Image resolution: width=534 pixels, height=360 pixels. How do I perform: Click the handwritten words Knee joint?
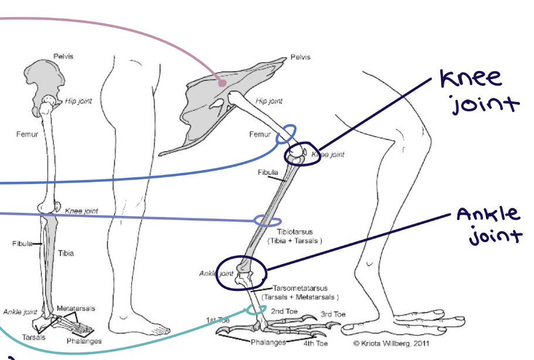pos(479,91)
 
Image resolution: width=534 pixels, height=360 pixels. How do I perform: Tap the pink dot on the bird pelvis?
pos(222,83)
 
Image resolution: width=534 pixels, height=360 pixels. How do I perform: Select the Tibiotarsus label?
pos(295,232)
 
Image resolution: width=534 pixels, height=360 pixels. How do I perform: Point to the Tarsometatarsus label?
pos(300,288)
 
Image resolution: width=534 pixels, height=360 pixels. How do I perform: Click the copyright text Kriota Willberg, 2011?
pos(392,344)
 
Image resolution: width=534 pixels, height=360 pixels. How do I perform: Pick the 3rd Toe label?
pos(333,314)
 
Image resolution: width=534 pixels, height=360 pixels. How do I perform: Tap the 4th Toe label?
pos(316,344)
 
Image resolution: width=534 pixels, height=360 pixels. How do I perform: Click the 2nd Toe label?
pos(284,311)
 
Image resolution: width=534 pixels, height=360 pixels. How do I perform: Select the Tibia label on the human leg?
pos(66,253)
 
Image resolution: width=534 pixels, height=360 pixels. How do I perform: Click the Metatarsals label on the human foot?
pos(76,308)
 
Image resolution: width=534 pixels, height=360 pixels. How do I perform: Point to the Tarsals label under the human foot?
pos(34,337)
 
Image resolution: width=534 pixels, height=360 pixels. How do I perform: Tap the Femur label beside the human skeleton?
pos(27,134)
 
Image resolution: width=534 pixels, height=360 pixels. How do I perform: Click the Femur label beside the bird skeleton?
pos(260,134)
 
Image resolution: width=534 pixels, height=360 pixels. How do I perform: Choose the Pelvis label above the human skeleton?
pos(63,56)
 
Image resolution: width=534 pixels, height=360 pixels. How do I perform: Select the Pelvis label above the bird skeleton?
pos(300,57)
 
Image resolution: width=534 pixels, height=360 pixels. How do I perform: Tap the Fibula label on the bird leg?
pos(268,172)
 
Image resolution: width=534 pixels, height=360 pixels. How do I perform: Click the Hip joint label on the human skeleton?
pos(79,101)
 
